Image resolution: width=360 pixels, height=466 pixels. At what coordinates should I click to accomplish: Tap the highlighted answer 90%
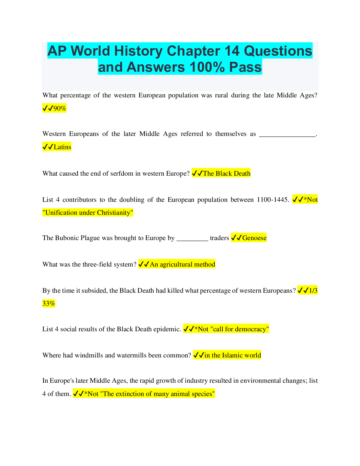[x=60, y=108]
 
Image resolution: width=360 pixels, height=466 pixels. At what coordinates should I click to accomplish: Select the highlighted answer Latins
[x=62, y=147]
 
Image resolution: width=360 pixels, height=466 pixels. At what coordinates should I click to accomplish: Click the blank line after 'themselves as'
[x=287, y=135]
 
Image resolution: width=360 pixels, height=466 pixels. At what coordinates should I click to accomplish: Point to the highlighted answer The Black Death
[x=226, y=173]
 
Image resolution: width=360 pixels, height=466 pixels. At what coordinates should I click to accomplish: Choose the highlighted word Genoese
[x=254, y=238]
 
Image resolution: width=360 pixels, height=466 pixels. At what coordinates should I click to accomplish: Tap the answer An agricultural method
[x=182, y=264]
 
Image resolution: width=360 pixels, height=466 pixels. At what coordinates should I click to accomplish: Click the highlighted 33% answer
[x=49, y=303]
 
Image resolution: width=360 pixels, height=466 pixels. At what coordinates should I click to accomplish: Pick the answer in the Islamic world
[x=232, y=355]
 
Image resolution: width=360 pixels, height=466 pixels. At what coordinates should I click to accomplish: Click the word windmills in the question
[x=89, y=355]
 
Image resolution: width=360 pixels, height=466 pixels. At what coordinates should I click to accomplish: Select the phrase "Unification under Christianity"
[x=88, y=212]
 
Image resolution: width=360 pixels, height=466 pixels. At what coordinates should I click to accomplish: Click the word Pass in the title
[x=245, y=67]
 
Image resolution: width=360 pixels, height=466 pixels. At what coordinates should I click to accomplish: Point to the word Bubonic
[x=67, y=238]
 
